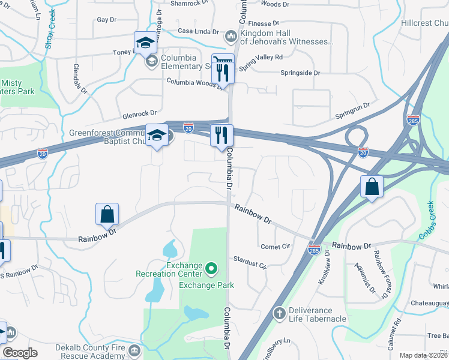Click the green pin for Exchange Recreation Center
tap(211, 268)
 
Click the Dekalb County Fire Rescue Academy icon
tap(134, 350)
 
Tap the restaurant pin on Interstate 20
tap(221, 136)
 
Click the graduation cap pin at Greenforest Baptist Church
tap(156, 136)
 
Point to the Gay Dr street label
tap(106, 20)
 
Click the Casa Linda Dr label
tap(199, 31)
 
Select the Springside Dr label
tap(300, 73)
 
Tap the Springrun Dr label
tap(352, 109)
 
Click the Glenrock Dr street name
tap(139, 112)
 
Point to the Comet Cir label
tap(276, 247)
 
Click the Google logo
tap(20, 352)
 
